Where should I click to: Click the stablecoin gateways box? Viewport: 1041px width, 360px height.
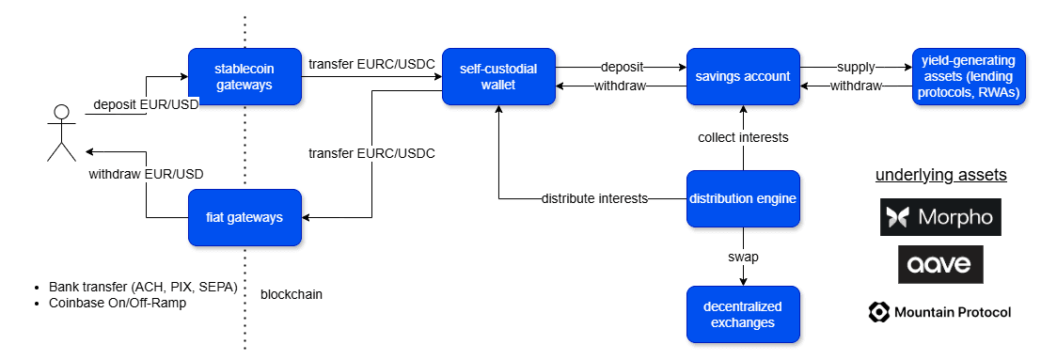(244, 76)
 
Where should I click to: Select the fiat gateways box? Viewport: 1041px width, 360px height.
(244, 217)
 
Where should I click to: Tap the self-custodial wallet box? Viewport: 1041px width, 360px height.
(498, 76)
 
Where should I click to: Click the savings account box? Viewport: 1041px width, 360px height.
(743, 76)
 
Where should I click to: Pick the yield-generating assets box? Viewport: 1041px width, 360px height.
(968, 76)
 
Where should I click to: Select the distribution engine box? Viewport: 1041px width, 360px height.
(743, 198)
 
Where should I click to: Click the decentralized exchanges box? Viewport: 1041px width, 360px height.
(743, 314)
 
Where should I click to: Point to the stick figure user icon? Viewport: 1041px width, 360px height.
(61, 133)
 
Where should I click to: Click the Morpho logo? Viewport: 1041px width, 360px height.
(940, 217)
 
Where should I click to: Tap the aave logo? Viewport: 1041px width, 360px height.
(940, 264)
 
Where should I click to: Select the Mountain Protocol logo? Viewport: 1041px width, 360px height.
(939, 312)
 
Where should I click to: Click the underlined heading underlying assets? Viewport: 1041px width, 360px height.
(941, 176)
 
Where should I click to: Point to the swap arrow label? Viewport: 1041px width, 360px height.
(743, 256)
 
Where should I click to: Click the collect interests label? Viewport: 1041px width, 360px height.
(743, 137)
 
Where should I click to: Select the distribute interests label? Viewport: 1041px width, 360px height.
(594, 198)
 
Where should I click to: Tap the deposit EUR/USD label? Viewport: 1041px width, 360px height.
(146, 103)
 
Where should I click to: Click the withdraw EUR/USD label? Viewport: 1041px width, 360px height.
(146, 174)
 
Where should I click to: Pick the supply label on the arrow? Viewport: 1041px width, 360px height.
(856, 67)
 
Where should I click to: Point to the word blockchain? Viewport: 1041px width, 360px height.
(292, 294)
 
